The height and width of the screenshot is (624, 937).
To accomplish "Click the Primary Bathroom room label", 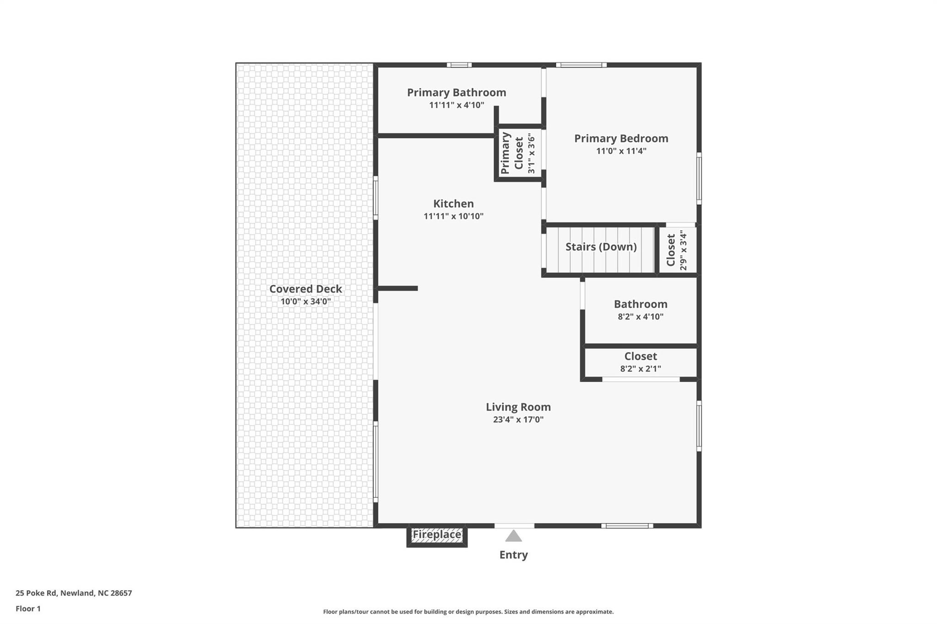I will (x=456, y=93).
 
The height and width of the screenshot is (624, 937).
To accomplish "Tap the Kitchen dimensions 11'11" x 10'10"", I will (x=453, y=216).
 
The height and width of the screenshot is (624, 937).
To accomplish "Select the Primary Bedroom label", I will (x=621, y=139).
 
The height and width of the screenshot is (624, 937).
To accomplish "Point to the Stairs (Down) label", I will (x=601, y=247).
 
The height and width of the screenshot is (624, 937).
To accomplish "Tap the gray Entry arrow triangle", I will (x=513, y=536).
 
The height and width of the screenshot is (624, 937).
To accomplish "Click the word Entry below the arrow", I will (x=513, y=555).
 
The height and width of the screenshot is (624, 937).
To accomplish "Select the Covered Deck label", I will (x=305, y=289).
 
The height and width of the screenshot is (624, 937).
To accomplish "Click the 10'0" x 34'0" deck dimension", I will (x=305, y=302).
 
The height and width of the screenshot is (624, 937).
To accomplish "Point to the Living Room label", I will (x=518, y=407).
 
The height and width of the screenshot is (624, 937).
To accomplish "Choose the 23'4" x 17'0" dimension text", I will (x=518, y=420).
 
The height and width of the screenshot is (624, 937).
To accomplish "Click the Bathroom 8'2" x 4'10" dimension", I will (x=640, y=317).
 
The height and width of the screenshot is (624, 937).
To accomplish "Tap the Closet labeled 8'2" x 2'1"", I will (x=640, y=362).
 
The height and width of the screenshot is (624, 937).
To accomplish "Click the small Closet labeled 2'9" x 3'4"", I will (x=677, y=250).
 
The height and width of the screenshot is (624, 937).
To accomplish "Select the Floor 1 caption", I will (x=28, y=609).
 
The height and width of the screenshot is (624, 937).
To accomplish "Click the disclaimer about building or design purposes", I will (x=468, y=612).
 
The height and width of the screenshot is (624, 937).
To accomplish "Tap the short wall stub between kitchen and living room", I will (x=398, y=288).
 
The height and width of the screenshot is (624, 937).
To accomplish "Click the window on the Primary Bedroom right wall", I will (x=699, y=178).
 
